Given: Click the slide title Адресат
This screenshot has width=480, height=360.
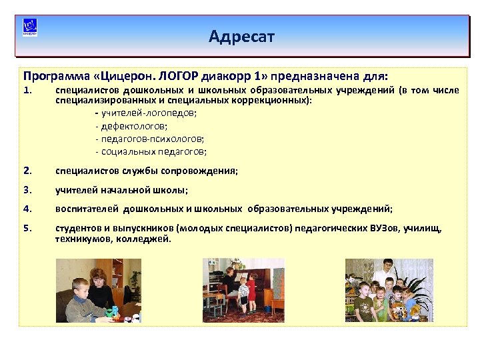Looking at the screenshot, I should (241, 35).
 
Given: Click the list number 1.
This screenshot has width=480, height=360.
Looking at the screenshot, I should (27, 90).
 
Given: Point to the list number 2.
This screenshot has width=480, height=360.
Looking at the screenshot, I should (27, 171).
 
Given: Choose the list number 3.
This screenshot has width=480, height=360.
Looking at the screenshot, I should (27, 189).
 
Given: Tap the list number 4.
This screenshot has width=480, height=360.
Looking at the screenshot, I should (27, 208).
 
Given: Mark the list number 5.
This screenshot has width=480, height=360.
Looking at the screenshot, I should (27, 229).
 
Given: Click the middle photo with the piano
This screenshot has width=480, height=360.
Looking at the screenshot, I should (243, 290).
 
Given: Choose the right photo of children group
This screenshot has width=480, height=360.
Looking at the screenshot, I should (388, 290).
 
